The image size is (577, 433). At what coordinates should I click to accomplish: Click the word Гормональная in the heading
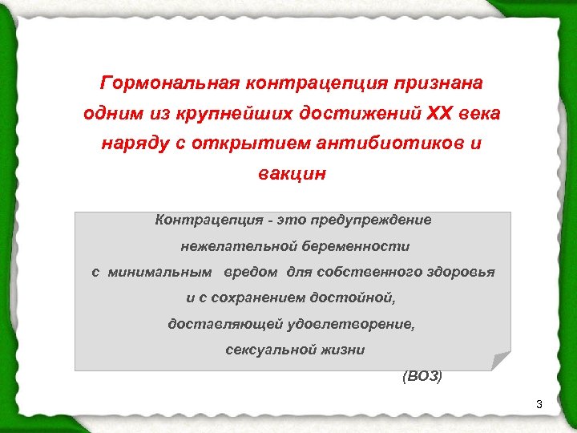tap(149, 83)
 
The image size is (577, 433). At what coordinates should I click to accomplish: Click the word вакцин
tap(292, 174)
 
